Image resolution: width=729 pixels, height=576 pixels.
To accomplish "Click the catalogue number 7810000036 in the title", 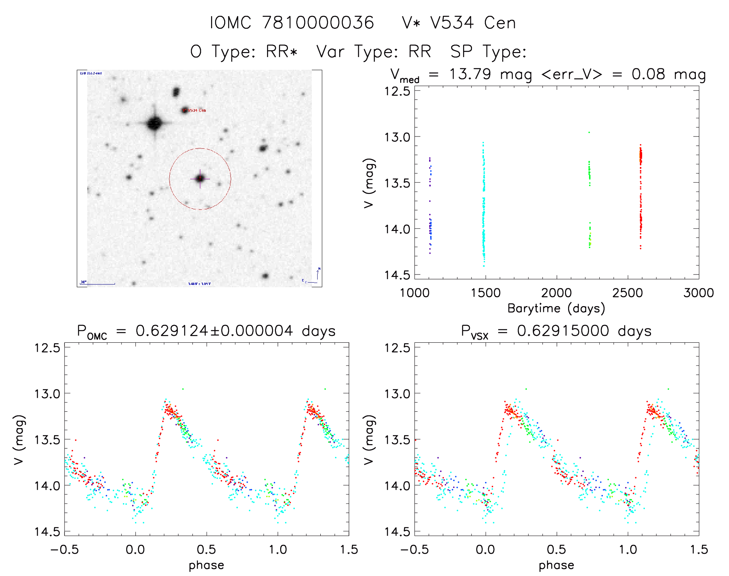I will (x=318, y=23).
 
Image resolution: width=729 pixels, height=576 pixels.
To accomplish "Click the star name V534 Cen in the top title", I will (x=473, y=23).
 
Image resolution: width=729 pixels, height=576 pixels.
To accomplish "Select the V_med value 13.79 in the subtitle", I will (x=470, y=74).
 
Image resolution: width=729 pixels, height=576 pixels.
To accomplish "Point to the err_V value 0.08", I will (x=648, y=74).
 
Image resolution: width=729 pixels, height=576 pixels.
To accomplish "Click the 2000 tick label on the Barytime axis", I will (x=556, y=293).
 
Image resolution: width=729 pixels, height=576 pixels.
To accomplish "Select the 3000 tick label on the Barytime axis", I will (x=699, y=293).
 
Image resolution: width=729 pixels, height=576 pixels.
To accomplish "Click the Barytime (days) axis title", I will (x=556, y=308).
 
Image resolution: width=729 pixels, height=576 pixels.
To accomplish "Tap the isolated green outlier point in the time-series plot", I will (x=589, y=132).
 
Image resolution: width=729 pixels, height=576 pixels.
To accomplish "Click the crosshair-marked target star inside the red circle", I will (x=200, y=179).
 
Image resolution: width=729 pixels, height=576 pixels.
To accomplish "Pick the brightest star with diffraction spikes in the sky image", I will (x=154, y=124).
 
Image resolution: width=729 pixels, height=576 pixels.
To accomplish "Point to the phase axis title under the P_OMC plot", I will (x=206, y=565).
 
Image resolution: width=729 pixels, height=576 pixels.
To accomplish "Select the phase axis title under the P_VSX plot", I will (x=556, y=565).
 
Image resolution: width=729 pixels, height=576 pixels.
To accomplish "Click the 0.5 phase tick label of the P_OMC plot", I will (x=206, y=549).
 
